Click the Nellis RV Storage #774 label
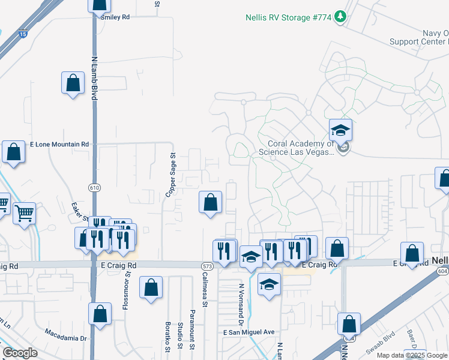click(289, 17)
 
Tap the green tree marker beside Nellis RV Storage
click(341, 16)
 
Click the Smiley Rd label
click(115, 17)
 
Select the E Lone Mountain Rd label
click(59, 145)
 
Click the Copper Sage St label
click(171, 175)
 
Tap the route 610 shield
click(94, 188)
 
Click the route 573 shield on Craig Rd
click(208, 265)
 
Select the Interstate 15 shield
click(22, 35)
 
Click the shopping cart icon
click(24, 212)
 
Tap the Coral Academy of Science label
click(297, 148)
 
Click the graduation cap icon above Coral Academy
click(340, 130)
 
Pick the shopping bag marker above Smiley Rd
click(100, 4)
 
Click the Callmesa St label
click(205, 292)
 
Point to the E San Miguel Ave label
click(249, 332)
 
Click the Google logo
click(20, 353)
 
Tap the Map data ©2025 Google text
click(412, 355)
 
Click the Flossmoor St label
click(127, 293)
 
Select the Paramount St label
click(192, 330)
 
